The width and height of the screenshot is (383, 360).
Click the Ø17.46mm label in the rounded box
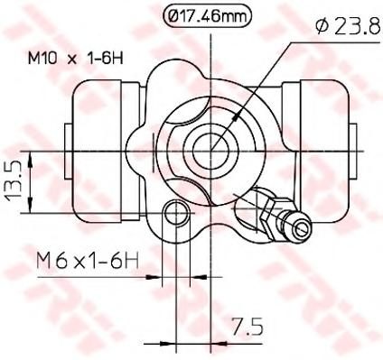pyautogui.click(x=207, y=16)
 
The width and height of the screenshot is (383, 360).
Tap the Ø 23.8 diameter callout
pyautogui.click(x=349, y=28)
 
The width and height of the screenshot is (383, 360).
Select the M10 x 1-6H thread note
pyautogui.click(x=76, y=58)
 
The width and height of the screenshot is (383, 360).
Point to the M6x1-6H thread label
pyautogui.click(x=88, y=261)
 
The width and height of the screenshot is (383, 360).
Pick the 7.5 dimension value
pyautogui.click(x=248, y=327)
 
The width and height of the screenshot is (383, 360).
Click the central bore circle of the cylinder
pyautogui.click(x=211, y=151)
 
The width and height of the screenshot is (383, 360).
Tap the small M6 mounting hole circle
pyautogui.click(x=176, y=213)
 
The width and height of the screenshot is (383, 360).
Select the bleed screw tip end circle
pyautogui.click(x=302, y=229)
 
